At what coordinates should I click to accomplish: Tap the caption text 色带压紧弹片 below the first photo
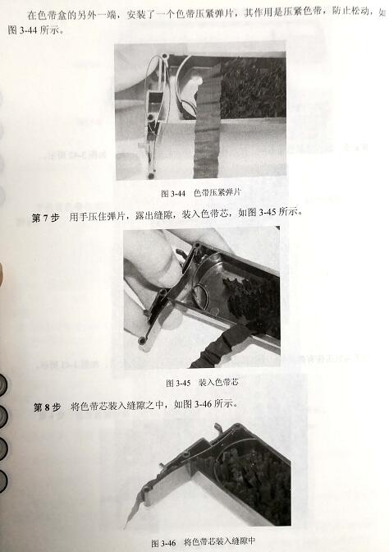(x=221, y=194)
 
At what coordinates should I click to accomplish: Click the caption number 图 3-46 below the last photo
(x=164, y=543)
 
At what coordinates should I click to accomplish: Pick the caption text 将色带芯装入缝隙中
(x=220, y=543)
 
